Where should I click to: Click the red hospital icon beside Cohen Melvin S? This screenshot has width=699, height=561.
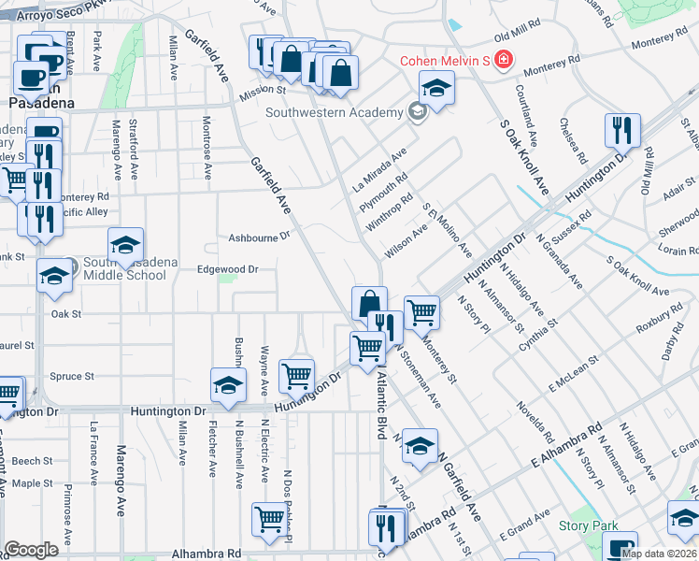click(x=504, y=60)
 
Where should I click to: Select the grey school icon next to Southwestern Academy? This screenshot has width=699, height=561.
click(x=416, y=113)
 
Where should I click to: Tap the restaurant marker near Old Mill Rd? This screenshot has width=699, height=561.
click(x=621, y=131)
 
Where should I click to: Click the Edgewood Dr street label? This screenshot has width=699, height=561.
click(x=226, y=269)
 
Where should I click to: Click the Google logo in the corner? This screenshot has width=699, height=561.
click(x=31, y=550)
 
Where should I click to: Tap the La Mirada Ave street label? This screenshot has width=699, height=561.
click(x=380, y=168)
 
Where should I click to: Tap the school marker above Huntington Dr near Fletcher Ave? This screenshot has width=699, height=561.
click(x=228, y=386)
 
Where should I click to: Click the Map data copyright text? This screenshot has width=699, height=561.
click(x=659, y=554)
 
